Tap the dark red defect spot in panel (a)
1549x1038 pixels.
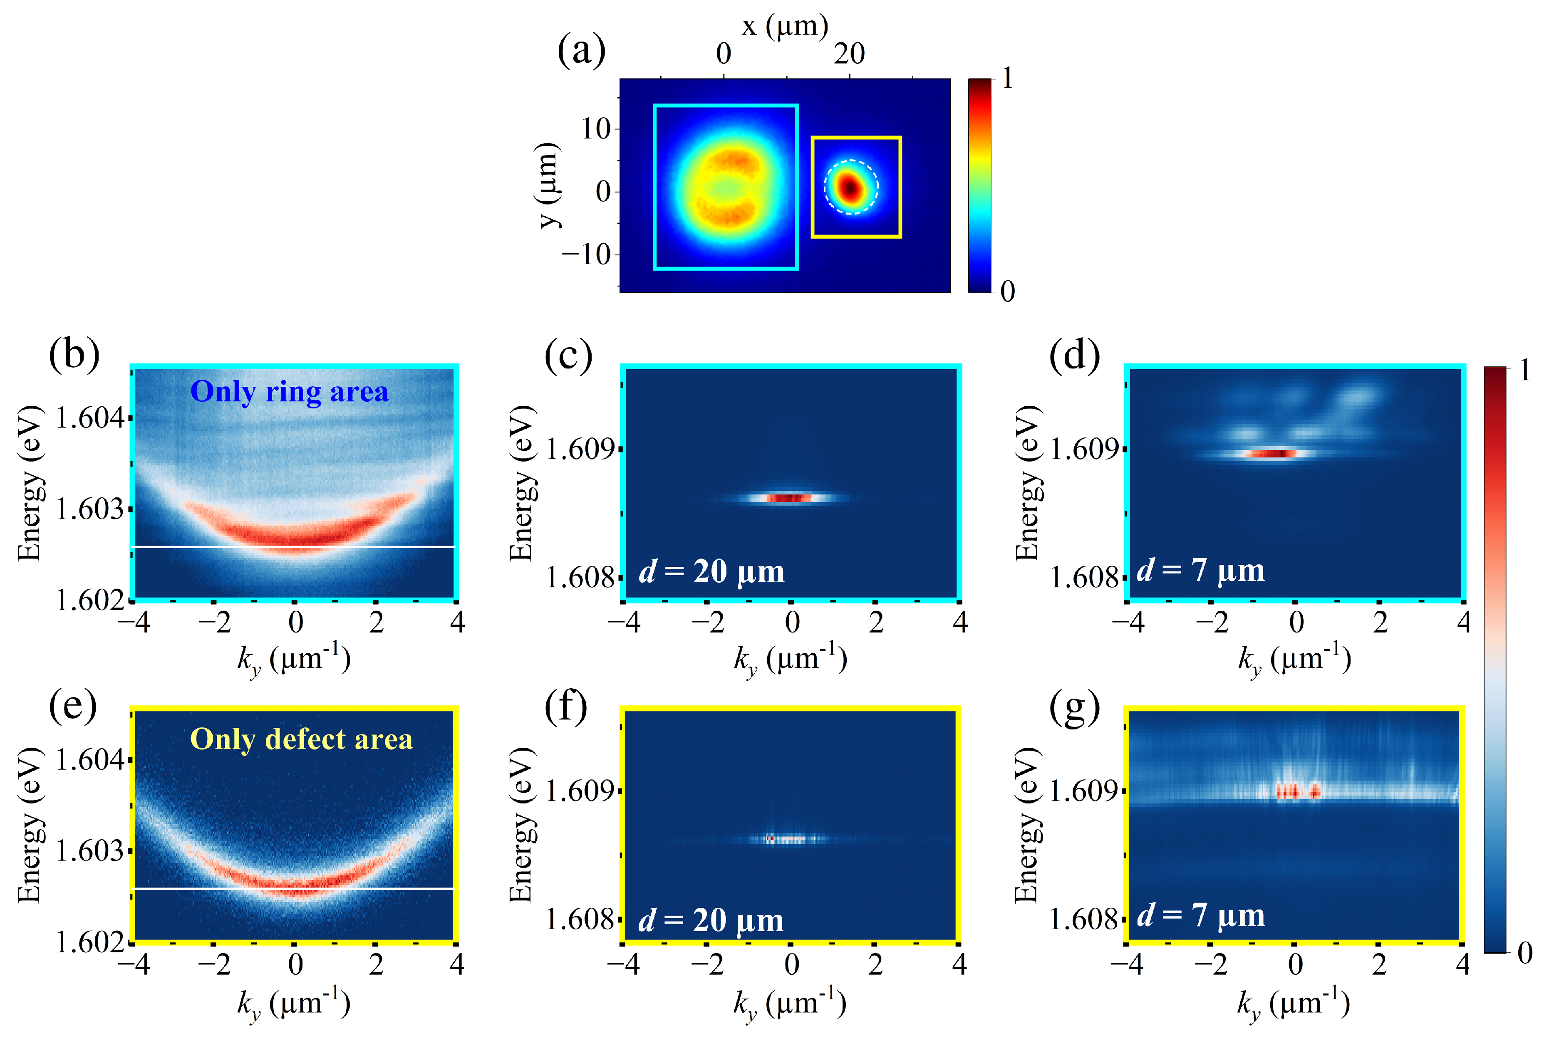pyautogui.click(x=850, y=188)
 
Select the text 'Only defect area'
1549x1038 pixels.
pyautogui.click(x=301, y=739)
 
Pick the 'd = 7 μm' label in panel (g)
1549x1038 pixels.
pyautogui.click(x=1201, y=915)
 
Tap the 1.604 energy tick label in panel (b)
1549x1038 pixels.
pyautogui.click(x=89, y=418)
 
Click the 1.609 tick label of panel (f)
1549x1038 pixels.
pyautogui.click(x=580, y=791)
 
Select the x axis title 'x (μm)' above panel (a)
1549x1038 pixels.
pyautogui.click(x=785, y=27)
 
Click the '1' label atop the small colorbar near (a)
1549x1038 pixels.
pyautogui.click(x=1007, y=79)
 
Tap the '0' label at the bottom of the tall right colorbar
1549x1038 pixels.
pyautogui.click(x=1524, y=953)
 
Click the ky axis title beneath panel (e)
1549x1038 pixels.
pyautogui.click(x=293, y=1003)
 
